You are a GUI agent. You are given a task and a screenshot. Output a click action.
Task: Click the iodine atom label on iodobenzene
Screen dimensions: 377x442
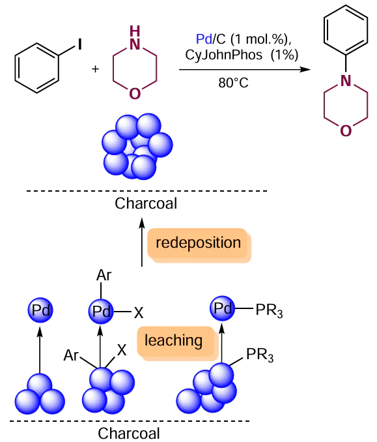[80, 44]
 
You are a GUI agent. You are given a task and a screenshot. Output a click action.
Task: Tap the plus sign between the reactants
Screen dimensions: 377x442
[95, 69]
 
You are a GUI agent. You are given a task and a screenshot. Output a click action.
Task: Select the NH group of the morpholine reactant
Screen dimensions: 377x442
[135, 38]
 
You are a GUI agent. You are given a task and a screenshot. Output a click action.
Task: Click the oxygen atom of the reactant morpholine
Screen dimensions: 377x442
[135, 94]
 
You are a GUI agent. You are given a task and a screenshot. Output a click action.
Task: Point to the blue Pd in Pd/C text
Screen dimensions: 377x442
[204, 39]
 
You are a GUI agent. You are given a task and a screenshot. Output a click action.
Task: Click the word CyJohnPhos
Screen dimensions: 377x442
[223, 55]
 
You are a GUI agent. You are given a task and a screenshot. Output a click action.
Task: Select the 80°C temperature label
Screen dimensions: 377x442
[233, 83]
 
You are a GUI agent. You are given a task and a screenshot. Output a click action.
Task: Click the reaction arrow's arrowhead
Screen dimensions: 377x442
[305, 69]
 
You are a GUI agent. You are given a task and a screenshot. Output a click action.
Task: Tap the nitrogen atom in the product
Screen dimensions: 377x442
[346, 81]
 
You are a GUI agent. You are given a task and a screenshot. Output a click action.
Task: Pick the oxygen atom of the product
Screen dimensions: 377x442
[346, 131]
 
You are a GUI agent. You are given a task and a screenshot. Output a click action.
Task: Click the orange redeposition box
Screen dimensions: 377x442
[199, 245]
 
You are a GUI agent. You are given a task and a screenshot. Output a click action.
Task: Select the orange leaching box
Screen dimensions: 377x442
[178, 343]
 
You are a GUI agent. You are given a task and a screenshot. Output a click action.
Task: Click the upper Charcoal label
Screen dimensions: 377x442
[146, 203]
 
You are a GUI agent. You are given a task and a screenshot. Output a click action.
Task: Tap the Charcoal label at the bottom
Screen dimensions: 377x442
[129, 434]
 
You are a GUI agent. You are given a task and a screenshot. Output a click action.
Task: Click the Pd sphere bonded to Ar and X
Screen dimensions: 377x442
[101, 311]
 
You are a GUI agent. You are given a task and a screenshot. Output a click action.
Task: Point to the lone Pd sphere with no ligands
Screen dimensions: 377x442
[40, 310]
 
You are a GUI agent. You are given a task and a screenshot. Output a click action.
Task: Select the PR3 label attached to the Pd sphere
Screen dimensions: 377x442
[269, 311]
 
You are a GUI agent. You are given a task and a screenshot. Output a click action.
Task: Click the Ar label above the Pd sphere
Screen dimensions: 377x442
[104, 275]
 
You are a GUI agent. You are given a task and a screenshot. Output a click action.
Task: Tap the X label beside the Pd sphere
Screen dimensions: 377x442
[139, 313]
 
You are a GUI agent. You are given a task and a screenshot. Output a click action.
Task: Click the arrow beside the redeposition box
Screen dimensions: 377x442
[142, 242]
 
